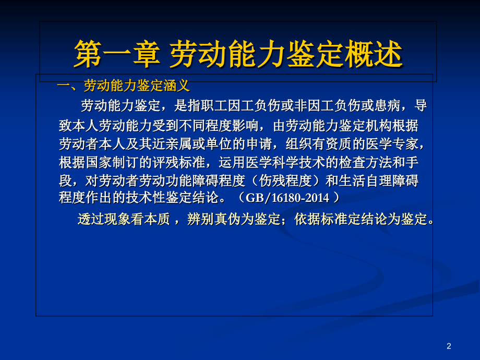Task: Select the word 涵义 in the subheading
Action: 177,85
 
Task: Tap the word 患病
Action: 388,106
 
